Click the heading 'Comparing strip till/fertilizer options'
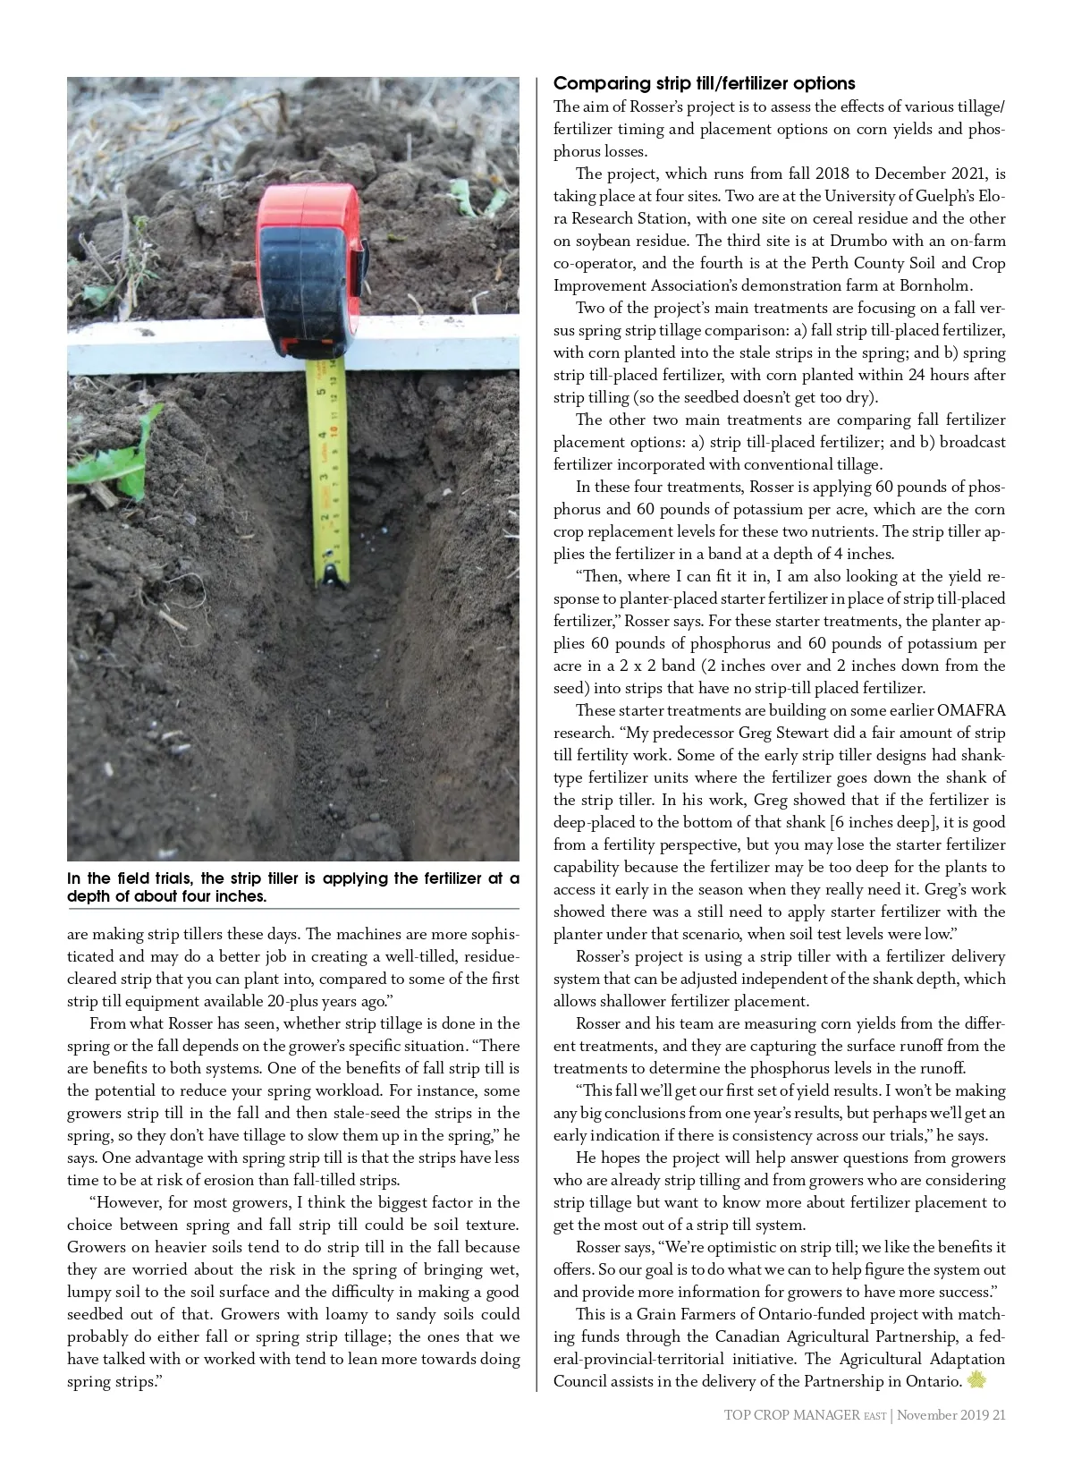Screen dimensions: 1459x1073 [x=704, y=83]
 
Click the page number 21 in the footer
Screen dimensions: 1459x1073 [x=998, y=1414]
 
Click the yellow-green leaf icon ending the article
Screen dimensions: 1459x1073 [x=976, y=1380]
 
